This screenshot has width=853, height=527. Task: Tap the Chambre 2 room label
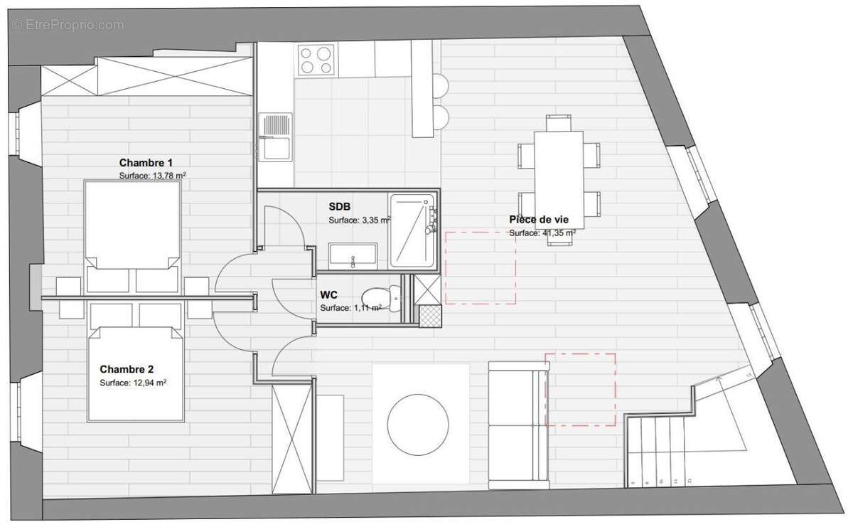(127, 369)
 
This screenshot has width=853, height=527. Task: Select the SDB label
(339, 206)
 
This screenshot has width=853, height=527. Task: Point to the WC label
(328, 294)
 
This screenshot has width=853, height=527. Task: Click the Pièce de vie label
(542, 220)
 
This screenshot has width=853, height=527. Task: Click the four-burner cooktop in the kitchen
(316, 59)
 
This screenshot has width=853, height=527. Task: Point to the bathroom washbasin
(352, 255)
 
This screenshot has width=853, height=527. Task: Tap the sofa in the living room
(517, 424)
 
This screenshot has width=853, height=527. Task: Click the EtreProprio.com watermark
(68, 24)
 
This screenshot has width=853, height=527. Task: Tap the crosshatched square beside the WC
(429, 315)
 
